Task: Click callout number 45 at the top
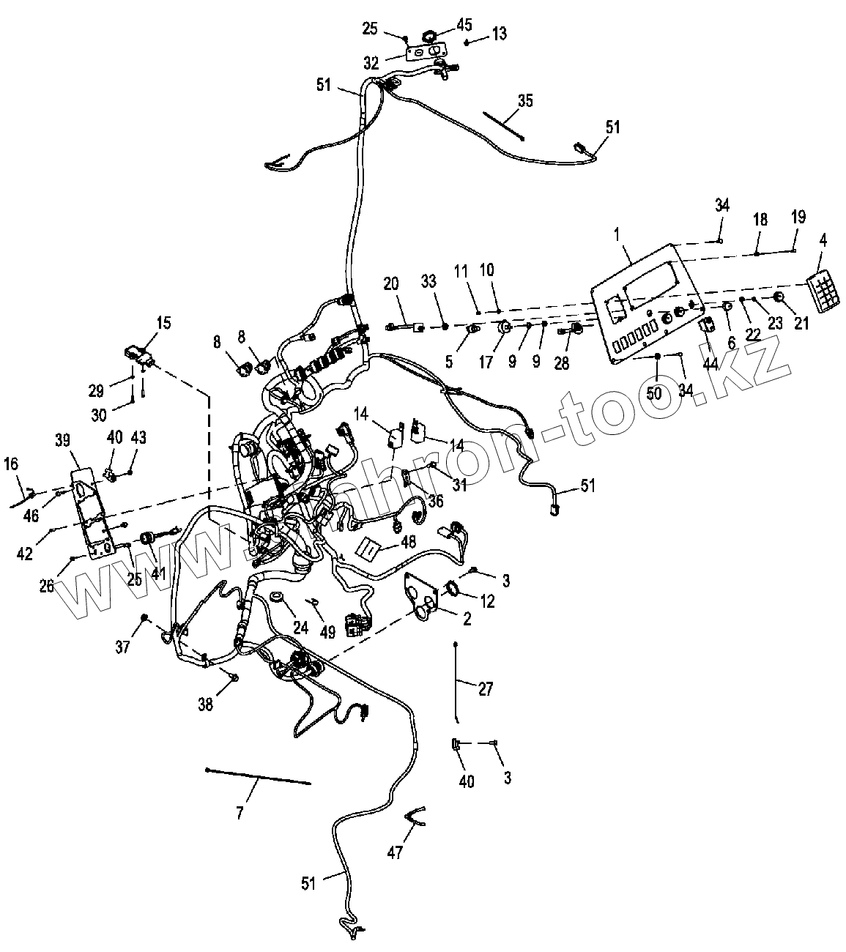pos(464,25)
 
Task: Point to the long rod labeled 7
pos(259,776)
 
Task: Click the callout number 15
pos(163,322)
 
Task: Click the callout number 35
pos(525,101)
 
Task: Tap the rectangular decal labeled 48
pos(371,546)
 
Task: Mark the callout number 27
pos(485,688)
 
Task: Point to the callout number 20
pos(391,283)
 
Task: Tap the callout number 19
pos(798,217)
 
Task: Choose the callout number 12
pos(487,601)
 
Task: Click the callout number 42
pos(26,554)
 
